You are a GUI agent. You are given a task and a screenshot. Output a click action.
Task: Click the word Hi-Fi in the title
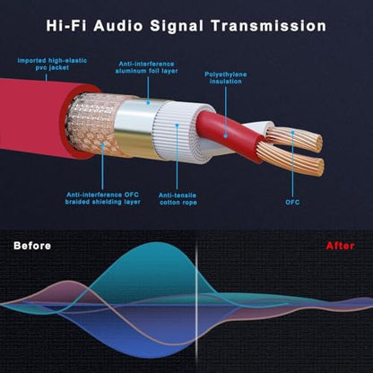coord(65,26)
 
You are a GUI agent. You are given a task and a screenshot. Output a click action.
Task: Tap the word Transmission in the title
coord(269,26)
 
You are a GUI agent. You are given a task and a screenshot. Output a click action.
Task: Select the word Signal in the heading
coord(177,26)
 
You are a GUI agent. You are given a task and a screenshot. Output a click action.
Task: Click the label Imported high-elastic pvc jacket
coord(52,64)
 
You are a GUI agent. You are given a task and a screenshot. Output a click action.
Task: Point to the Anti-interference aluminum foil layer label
coord(146,67)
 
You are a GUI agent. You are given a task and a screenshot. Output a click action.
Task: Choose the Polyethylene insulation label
coord(226,78)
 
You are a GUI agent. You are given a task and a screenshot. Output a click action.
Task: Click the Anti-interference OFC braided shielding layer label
coord(103,198)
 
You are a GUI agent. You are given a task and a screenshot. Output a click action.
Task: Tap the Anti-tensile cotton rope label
coord(178,199)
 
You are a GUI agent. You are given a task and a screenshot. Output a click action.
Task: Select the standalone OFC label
coord(292,202)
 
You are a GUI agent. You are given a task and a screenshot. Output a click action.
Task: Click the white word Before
coord(32,246)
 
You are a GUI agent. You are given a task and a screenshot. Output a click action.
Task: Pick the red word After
coord(340,246)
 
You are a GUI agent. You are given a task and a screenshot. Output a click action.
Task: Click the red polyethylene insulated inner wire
coord(230,134)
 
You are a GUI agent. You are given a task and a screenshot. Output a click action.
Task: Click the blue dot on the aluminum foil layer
coord(148,103)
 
